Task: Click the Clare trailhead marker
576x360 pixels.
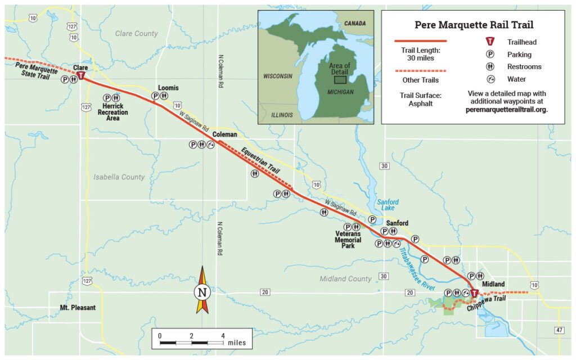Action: pyautogui.click(x=82, y=76)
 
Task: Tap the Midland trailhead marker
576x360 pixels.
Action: pyautogui.click(x=474, y=293)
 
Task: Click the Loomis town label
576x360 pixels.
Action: pyautogui.click(x=168, y=88)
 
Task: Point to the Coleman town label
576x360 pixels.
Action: pyautogui.click(x=224, y=134)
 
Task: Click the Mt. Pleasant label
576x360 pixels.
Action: pyautogui.click(x=78, y=308)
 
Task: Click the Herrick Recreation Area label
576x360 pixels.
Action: pyautogui.click(x=112, y=112)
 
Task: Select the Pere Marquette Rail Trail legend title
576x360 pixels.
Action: pyautogui.click(x=474, y=25)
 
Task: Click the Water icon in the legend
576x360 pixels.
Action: pyautogui.click(x=490, y=79)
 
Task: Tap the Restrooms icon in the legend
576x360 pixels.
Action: pyautogui.click(x=490, y=67)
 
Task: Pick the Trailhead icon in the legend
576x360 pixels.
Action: pyautogui.click(x=490, y=42)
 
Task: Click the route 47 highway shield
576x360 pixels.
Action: pyautogui.click(x=559, y=330)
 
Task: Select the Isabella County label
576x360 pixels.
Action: pyautogui.click(x=119, y=177)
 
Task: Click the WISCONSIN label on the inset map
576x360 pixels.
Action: pyautogui.click(x=278, y=75)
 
